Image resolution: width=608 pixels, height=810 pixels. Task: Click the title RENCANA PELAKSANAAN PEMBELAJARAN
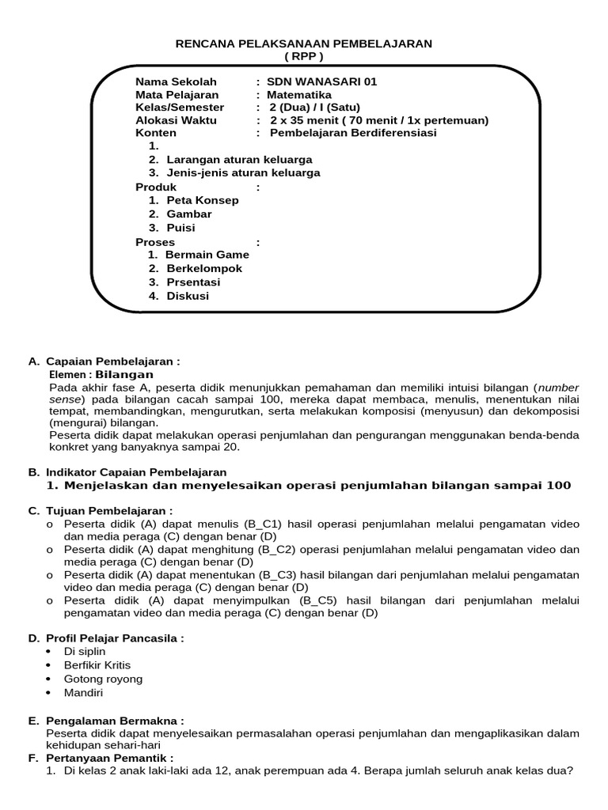(304, 44)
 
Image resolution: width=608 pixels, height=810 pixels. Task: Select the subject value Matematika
(305, 94)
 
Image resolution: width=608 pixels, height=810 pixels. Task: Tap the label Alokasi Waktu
(175, 120)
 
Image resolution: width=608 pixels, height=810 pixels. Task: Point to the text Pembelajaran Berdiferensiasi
(353, 133)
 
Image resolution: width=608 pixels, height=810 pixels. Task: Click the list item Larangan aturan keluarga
(239, 159)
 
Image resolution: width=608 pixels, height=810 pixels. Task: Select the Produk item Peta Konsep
(202, 200)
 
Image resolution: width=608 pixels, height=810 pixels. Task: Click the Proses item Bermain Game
(207, 255)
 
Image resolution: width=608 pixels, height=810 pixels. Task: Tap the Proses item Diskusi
(188, 296)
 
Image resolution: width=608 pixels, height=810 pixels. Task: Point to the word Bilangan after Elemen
(124, 374)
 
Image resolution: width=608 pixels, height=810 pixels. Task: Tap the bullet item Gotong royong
(103, 679)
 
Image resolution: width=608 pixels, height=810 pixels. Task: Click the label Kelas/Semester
(180, 108)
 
